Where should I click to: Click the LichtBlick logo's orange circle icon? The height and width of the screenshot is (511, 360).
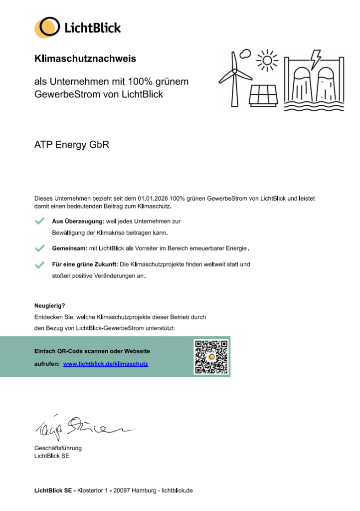click(x=47, y=27)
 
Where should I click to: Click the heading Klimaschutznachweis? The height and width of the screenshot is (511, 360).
click(x=85, y=59)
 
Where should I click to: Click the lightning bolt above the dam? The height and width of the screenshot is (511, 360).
click(x=316, y=59)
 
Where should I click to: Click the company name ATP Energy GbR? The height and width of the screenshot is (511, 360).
click(x=71, y=145)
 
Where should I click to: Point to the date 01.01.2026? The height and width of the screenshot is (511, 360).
click(x=153, y=199)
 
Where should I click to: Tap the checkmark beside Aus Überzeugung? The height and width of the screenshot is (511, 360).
click(x=40, y=221)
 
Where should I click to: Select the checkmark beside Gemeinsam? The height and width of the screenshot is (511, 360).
click(x=40, y=248)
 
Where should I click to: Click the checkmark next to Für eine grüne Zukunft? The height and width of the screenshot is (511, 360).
click(x=40, y=264)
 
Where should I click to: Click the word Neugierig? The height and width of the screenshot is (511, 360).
click(x=50, y=305)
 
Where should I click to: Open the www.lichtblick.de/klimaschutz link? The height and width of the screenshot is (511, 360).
click(x=106, y=364)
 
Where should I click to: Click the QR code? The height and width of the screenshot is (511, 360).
click(x=211, y=357)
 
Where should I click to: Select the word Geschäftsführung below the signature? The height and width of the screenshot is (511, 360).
click(x=58, y=448)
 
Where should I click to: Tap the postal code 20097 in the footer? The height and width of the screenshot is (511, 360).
click(x=122, y=491)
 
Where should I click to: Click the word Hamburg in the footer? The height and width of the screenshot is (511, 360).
click(x=145, y=491)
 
